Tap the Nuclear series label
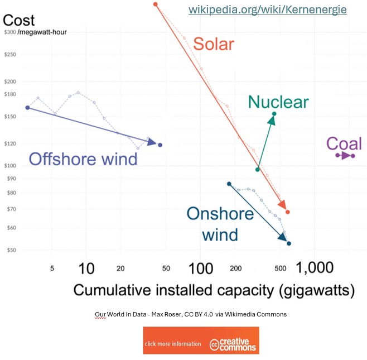278,102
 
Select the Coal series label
344,143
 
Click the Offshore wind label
83,159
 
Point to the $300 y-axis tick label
9,32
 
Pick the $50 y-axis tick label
11,250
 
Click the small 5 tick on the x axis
52,268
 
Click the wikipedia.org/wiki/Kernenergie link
267,10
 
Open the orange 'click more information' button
173,344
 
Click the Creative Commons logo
234,344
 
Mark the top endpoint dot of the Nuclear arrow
274,114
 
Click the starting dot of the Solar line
156,4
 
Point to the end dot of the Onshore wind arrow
289,243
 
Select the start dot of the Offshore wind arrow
27,108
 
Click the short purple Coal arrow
346,155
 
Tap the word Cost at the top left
19,21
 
